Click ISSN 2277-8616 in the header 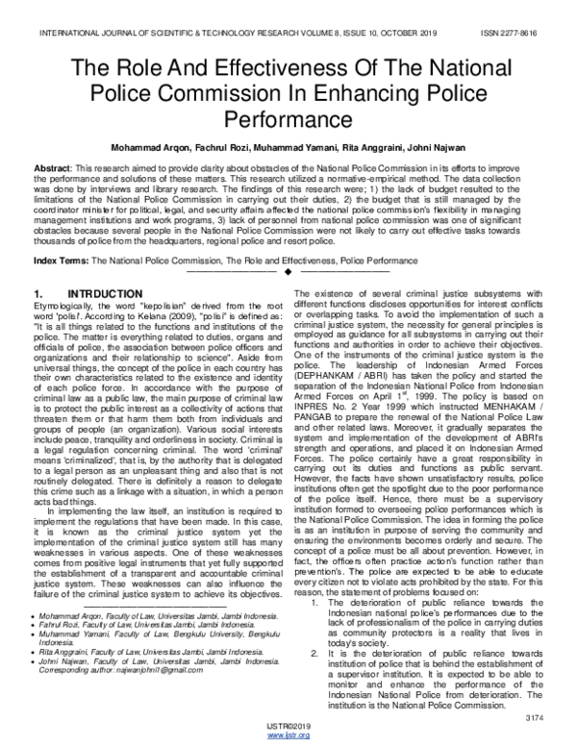[x=525, y=33]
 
